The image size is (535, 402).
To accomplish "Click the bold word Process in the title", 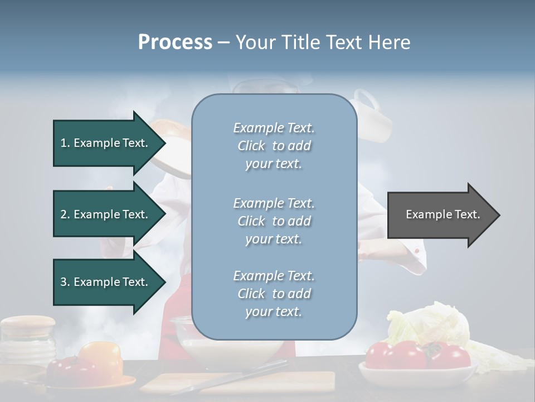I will (x=175, y=42).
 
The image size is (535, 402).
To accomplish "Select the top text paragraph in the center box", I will (x=274, y=146).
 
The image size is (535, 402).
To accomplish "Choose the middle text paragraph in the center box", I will (x=274, y=221).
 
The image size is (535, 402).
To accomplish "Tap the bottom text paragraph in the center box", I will (x=274, y=294).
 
